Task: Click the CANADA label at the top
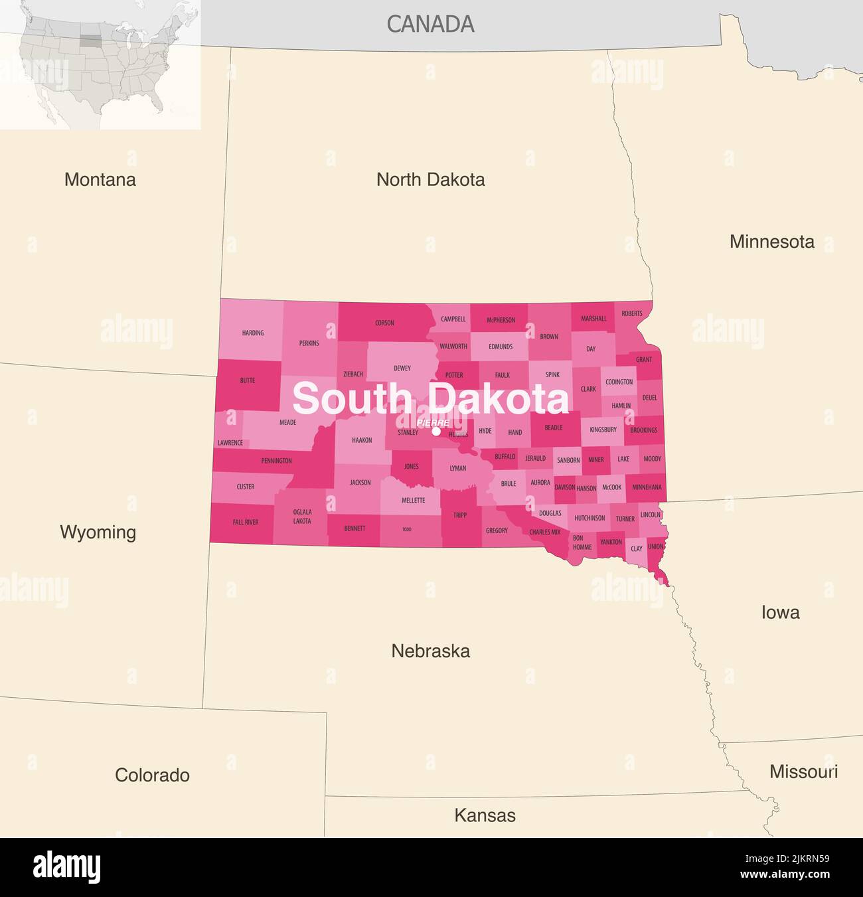[x=430, y=24]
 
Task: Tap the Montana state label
[x=100, y=179]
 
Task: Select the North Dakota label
[x=430, y=179]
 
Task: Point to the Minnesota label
[x=771, y=242]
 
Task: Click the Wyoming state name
[x=98, y=532]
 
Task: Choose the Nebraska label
[x=430, y=651]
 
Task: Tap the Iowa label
[x=780, y=612]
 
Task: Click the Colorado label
[x=152, y=775]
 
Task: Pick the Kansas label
[x=485, y=815]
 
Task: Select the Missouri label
[x=803, y=772]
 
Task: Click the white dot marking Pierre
[x=436, y=432]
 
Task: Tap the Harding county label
[x=253, y=333]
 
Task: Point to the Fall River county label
[x=246, y=523]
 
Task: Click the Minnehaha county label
[x=647, y=487]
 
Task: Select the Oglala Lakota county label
[x=302, y=517]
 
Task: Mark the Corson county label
[x=384, y=323]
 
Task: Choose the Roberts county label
[x=632, y=313]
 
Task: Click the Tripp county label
[x=460, y=515]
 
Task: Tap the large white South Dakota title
[x=430, y=399]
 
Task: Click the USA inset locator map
[x=100, y=64]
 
